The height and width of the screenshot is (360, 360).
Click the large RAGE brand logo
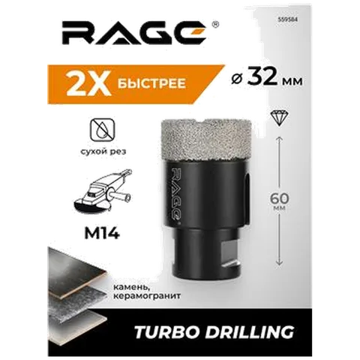tap(134, 33)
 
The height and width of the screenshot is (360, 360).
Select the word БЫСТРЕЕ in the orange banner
tap(151, 83)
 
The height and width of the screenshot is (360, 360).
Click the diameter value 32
tap(262, 78)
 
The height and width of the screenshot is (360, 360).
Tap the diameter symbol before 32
tap(236, 79)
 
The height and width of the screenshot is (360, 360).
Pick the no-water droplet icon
tap(103, 130)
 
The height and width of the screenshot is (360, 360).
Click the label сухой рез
tap(103, 151)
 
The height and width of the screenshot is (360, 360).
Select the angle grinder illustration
tap(103, 192)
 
